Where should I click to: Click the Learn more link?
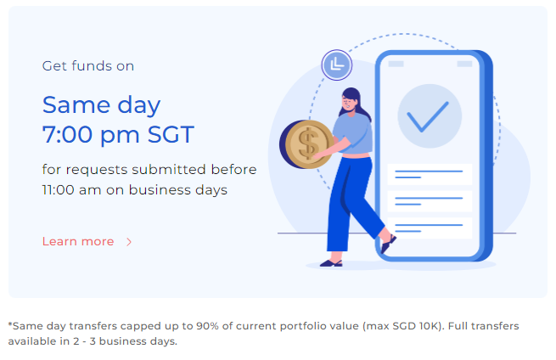click(x=78, y=241)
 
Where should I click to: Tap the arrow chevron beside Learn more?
click(x=129, y=242)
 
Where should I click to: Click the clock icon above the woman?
click(x=337, y=65)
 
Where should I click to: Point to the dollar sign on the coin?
click(x=308, y=143)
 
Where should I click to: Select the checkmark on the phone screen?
click(x=428, y=116)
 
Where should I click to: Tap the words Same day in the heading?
click(x=101, y=105)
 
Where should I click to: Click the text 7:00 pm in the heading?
click(x=91, y=135)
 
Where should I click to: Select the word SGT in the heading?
click(x=171, y=134)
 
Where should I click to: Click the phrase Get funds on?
click(x=88, y=66)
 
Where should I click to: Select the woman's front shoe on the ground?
click(x=331, y=263)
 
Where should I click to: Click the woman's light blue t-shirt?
click(x=353, y=133)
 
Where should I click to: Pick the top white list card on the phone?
click(x=430, y=174)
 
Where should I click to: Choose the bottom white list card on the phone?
click(x=430, y=228)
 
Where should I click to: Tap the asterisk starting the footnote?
click(x=10, y=324)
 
